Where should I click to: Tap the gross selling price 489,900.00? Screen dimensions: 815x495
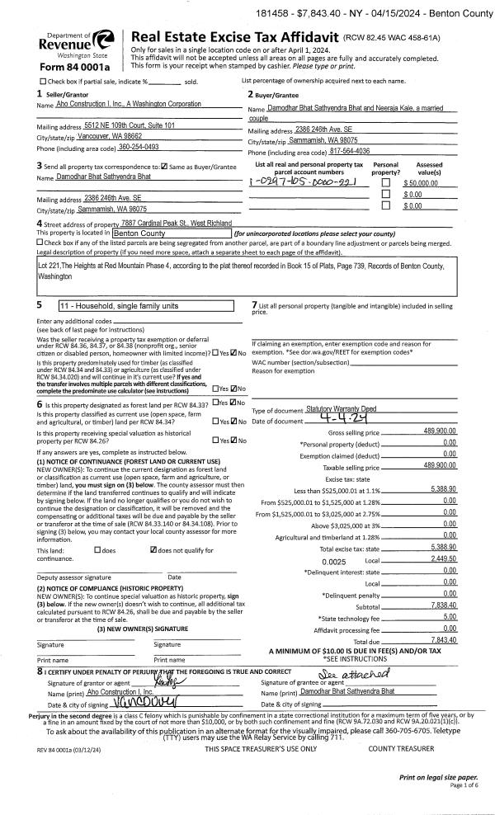pos(440,431)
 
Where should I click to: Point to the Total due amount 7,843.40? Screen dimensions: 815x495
pos(444,616)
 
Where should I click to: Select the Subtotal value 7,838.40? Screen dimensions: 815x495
pos(443,581)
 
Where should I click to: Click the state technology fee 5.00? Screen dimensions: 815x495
pos(449,593)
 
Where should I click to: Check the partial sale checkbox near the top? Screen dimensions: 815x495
pos(43,82)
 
